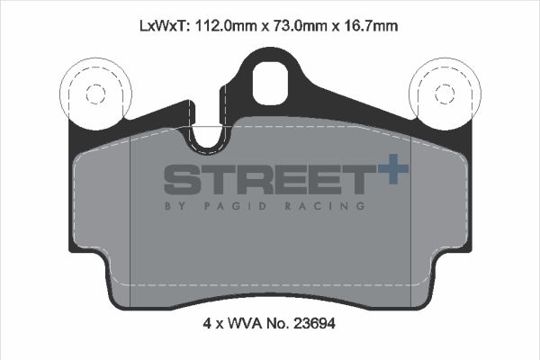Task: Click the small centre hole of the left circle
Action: pyautogui.click(x=93, y=93)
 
